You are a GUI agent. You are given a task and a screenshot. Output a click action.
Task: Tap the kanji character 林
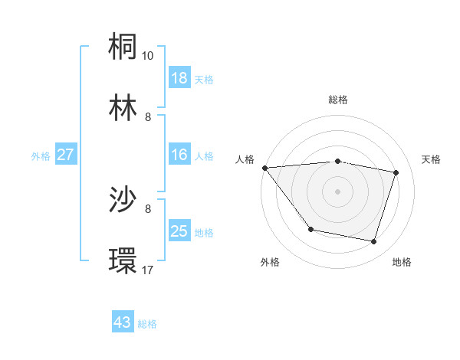124,108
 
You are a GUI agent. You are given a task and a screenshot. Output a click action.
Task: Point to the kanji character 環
124,261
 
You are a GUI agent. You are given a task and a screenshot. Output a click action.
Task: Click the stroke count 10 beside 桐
148,56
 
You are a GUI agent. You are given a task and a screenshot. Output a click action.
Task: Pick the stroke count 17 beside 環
148,270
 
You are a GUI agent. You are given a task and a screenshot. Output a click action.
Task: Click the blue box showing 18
179,78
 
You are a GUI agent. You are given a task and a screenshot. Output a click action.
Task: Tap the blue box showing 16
179,155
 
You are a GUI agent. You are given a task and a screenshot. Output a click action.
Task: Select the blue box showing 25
179,231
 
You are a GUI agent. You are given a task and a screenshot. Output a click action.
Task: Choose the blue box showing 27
65,155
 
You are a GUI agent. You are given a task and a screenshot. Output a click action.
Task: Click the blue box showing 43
123,322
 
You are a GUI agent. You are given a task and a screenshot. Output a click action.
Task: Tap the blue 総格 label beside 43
147,324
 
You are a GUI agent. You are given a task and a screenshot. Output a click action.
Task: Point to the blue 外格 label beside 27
41,156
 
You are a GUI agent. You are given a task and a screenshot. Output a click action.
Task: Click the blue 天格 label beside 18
204,80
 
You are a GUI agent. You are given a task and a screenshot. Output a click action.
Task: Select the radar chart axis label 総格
337,100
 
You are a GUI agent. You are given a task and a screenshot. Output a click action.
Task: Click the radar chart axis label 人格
245,159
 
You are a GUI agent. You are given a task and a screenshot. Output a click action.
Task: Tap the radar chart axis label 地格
402,262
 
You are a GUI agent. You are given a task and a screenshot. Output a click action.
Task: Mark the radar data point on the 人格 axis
264,168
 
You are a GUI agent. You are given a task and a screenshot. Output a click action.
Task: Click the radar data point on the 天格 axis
396,172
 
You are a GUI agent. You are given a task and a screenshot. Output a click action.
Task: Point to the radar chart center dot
337,191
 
